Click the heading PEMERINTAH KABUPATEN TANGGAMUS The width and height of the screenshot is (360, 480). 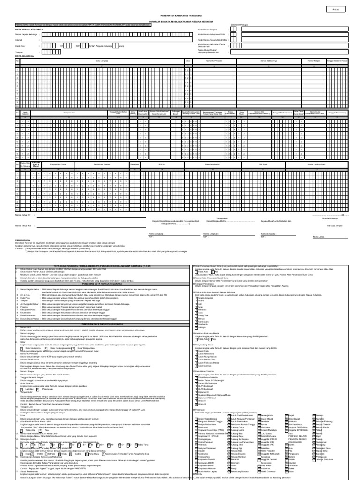(180, 15)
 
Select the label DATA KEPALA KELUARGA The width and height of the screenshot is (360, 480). (29, 29)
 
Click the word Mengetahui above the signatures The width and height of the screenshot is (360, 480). (222, 217)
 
